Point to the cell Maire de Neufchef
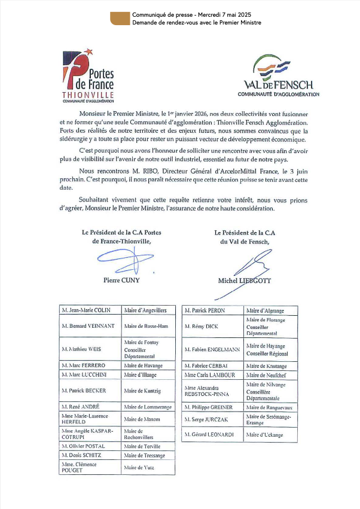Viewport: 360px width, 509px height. click(x=270, y=375)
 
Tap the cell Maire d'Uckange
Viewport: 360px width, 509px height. click(x=270, y=434)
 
